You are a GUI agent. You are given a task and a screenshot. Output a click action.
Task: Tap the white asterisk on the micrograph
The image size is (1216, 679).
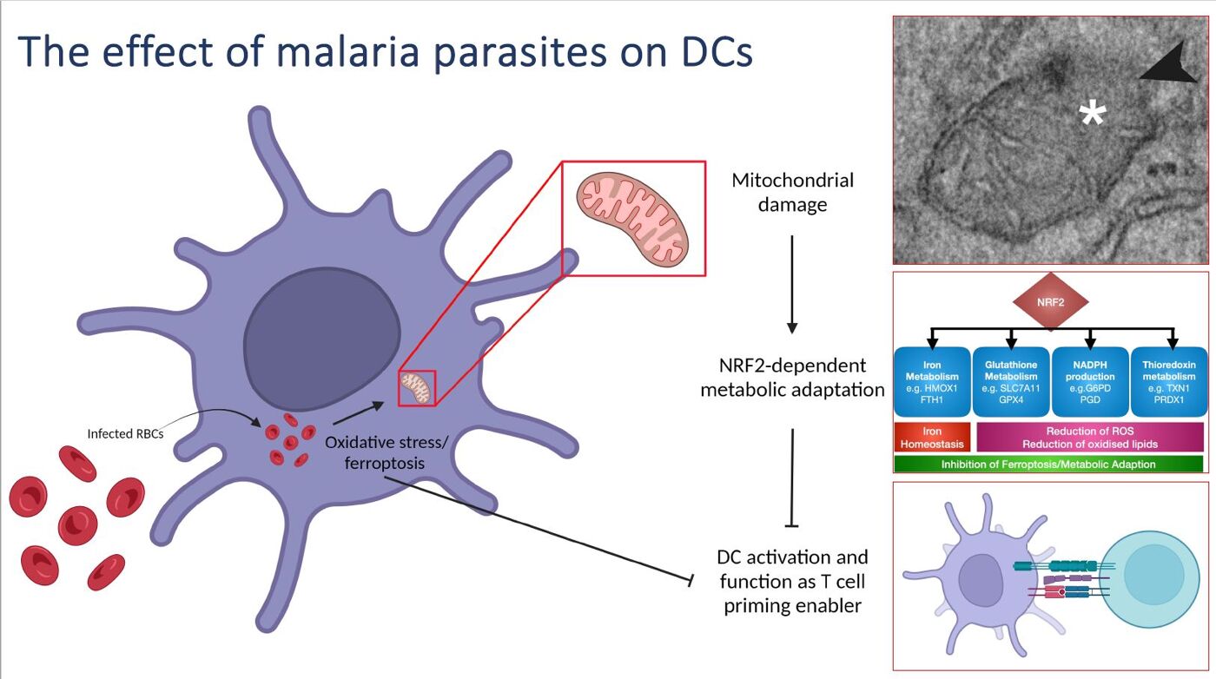(x=1091, y=114)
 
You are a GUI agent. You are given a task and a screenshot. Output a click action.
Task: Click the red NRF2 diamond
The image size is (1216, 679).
(x=1051, y=300)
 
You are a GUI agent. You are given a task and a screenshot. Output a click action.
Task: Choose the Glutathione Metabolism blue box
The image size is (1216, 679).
(x=1011, y=382)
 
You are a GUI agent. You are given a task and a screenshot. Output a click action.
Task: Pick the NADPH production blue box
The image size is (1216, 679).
(x=1090, y=382)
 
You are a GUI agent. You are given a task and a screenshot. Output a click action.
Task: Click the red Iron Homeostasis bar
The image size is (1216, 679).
(x=932, y=437)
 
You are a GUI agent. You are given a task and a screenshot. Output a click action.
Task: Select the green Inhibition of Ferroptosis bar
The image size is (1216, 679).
(x=1048, y=465)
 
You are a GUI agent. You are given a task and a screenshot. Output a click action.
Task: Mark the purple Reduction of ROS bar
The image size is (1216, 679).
(x=1090, y=437)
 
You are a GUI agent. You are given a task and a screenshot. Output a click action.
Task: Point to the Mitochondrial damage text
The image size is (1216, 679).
(x=792, y=192)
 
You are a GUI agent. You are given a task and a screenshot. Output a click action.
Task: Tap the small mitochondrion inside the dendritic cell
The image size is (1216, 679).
(x=416, y=386)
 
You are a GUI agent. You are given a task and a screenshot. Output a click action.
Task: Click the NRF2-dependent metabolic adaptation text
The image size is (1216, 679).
(x=792, y=377)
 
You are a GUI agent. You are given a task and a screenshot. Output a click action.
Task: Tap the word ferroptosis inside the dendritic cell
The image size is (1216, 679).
(x=385, y=463)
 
